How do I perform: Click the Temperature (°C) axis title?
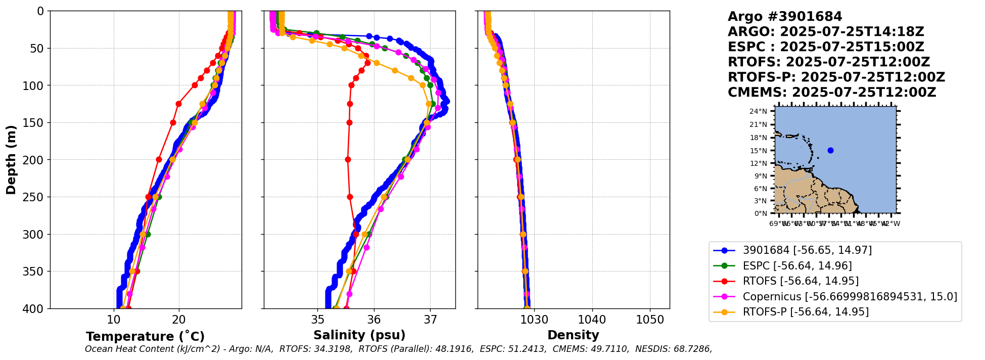point(145,337)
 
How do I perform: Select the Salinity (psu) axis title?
point(359,335)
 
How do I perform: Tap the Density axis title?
point(573,335)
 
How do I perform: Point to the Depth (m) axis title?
point(11,160)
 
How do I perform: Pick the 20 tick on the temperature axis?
point(179,320)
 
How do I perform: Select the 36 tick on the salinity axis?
point(374,320)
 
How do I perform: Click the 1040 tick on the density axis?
point(592,320)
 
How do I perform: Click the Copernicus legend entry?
point(850,297)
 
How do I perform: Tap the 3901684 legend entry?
point(807,250)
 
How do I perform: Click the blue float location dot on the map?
point(830,150)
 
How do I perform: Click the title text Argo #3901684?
point(785,17)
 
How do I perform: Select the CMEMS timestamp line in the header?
point(832,93)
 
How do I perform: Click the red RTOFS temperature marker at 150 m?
point(173,122)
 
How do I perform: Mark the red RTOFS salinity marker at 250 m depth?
point(350,197)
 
